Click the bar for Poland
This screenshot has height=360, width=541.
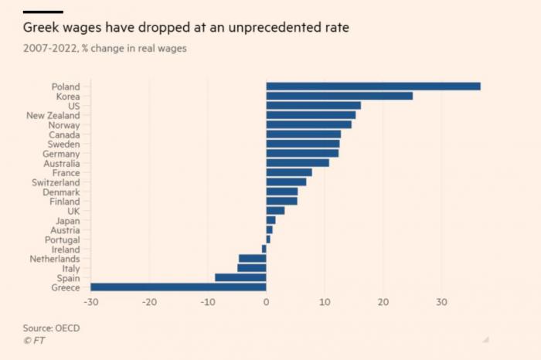373,87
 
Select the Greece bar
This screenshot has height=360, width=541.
179,287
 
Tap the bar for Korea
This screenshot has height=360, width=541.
339,96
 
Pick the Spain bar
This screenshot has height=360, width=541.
240,277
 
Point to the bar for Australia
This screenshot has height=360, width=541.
298,163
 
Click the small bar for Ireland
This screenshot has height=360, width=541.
264,249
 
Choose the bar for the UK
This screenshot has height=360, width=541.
275,211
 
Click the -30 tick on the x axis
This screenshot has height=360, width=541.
91,302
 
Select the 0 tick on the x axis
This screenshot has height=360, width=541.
266,302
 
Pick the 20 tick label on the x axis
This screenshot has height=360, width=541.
383,302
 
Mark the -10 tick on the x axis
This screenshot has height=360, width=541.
208,302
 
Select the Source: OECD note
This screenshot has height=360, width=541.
52,328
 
